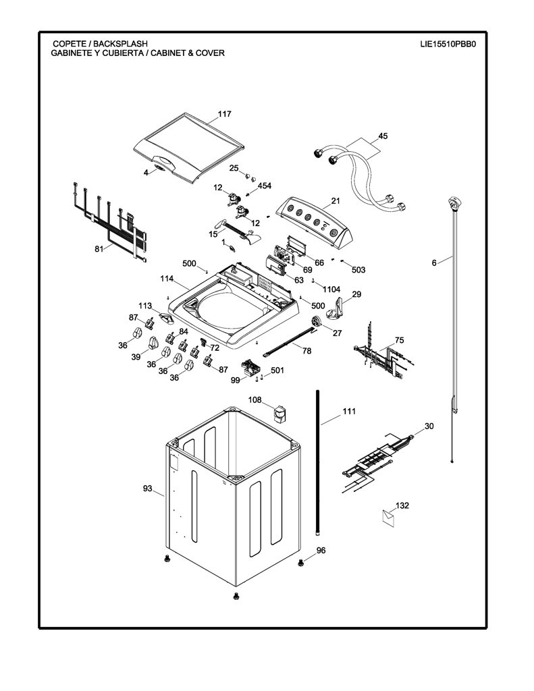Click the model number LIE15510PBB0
click(x=448, y=44)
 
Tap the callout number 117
click(x=224, y=114)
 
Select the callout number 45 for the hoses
click(x=383, y=136)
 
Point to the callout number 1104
click(x=331, y=289)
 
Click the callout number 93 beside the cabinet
click(x=148, y=489)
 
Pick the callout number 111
click(x=349, y=411)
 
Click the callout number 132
click(x=402, y=505)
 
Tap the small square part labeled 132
click(x=388, y=516)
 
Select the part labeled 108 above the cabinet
click(x=279, y=413)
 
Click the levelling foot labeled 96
click(x=300, y=563)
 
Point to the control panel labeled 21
click(x=315, y=219)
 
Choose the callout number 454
click(x=265, y=186)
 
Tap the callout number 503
click(x=358, y=270)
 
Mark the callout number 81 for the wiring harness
click(x=99, y=249)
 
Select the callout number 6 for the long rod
click(x=434, y=263)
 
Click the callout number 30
click(x=429, y=426)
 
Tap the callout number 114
click(x=167, y=279)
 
